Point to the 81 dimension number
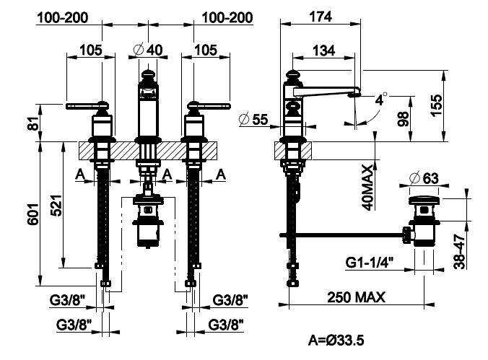click(x=32, y=124)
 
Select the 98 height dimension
click(x=403, y=118)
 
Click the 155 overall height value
click(x=454, y=105)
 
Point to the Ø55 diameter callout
click(x=252, y=120)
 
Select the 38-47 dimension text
click(x=460, y=249)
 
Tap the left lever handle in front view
click(x=83, y=107)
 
